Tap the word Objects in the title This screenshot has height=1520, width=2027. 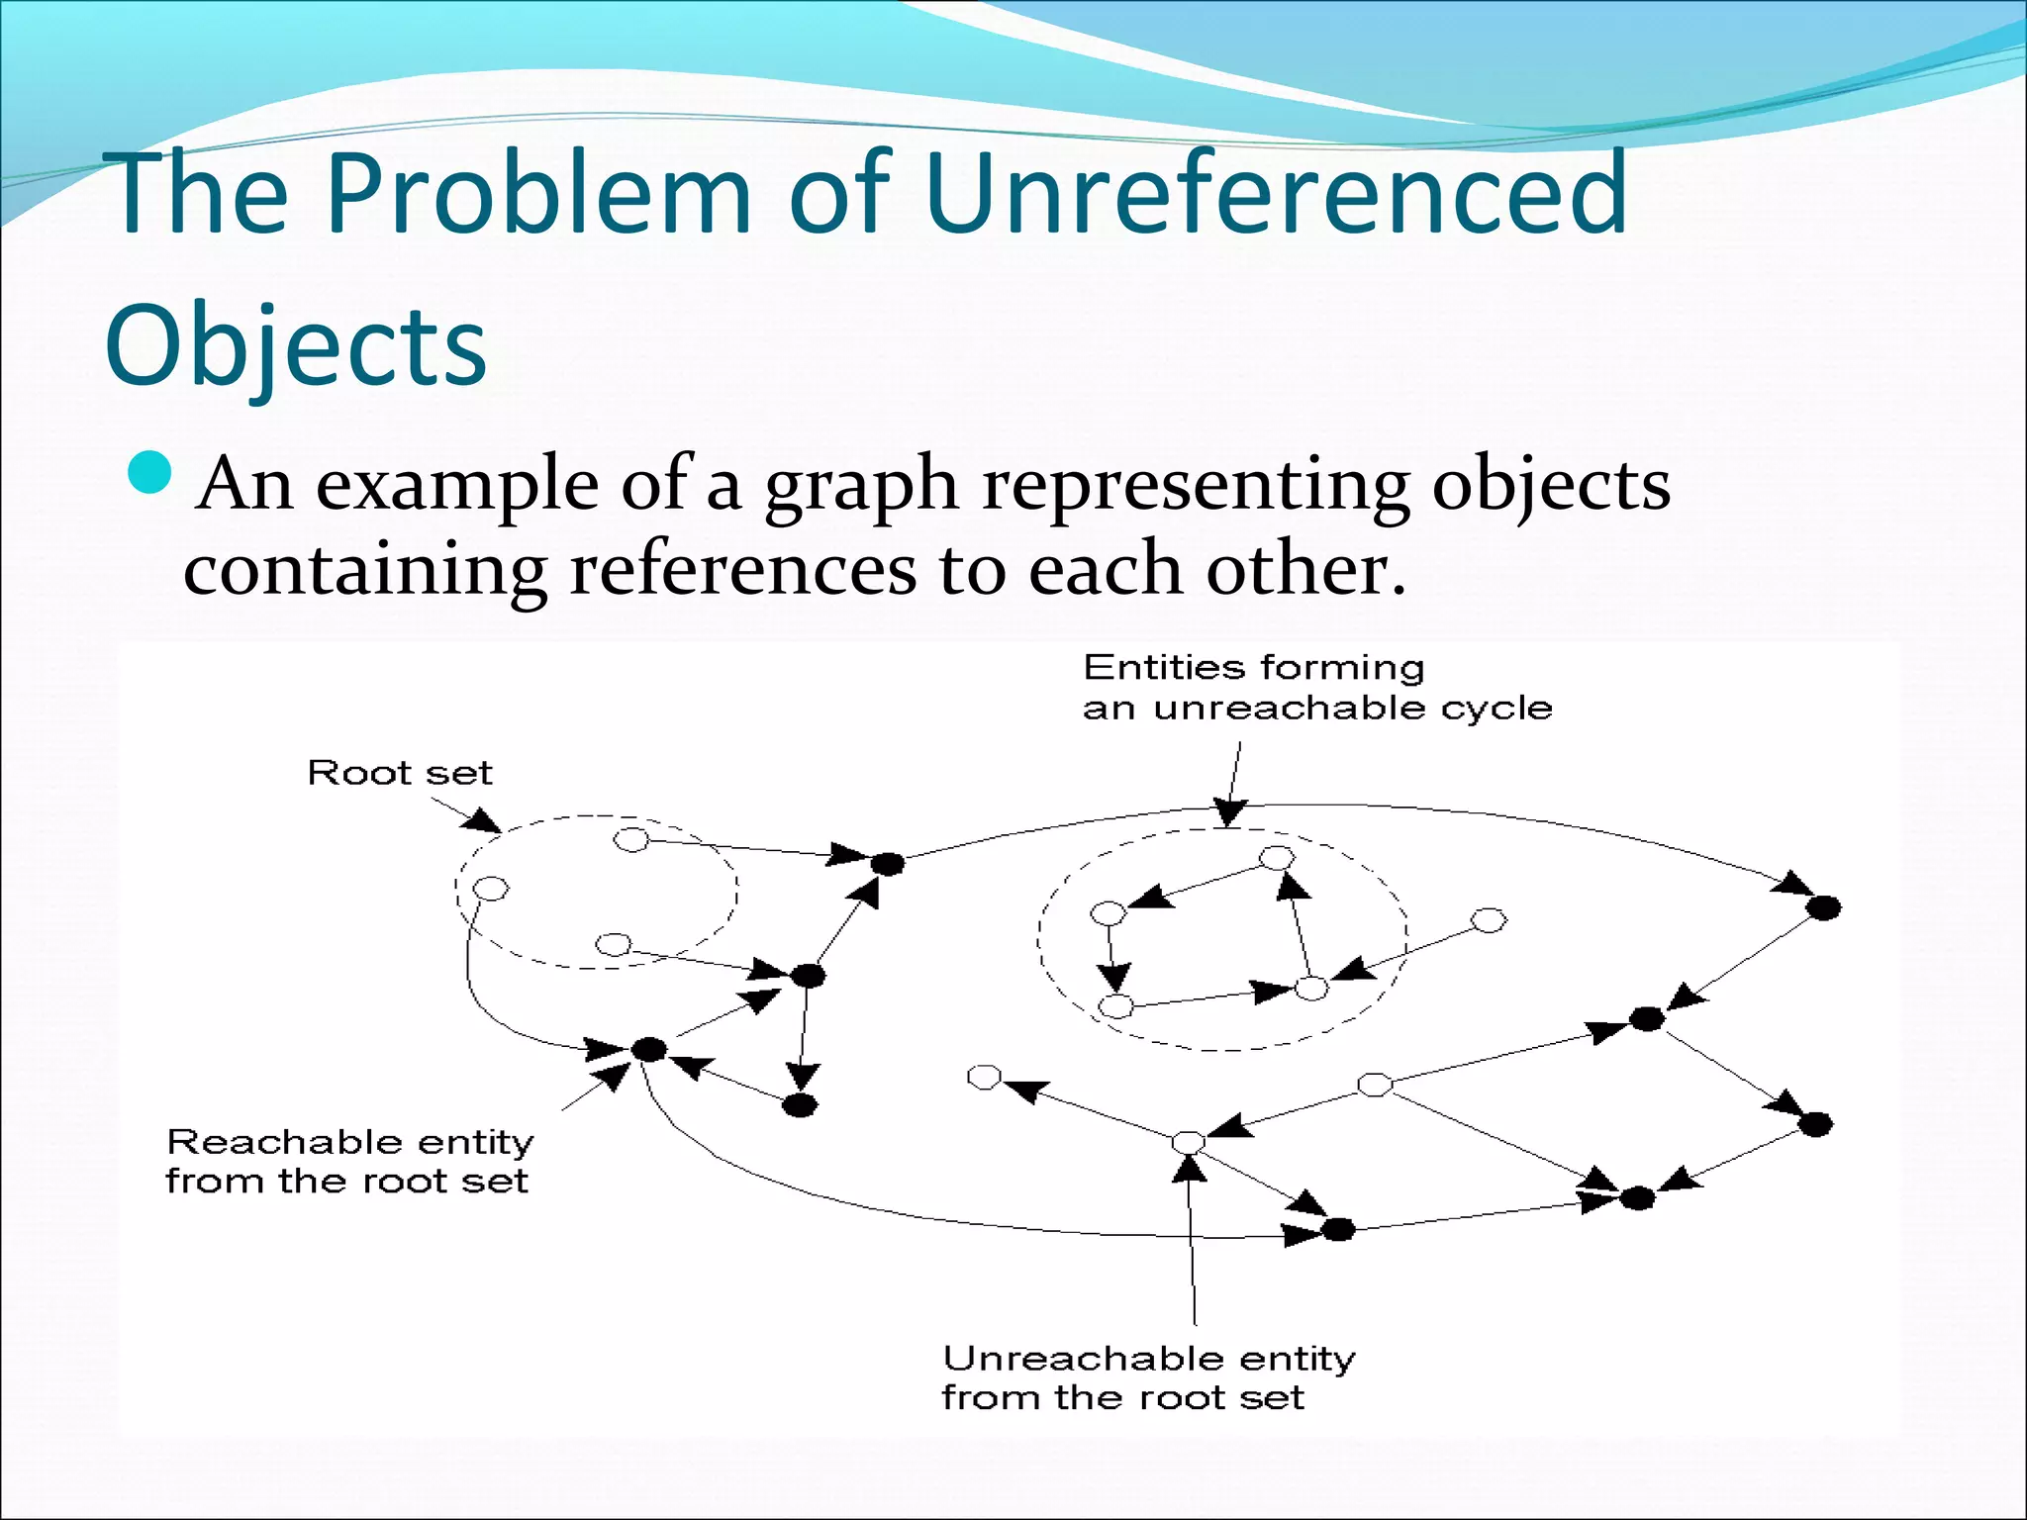tap(296, 345)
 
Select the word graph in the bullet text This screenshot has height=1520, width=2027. tap(861, 486)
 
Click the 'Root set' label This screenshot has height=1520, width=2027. tap(400, 772)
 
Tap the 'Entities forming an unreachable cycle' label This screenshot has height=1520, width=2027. tap(1316, 688)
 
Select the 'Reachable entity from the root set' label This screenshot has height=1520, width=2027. tap(348, 1162)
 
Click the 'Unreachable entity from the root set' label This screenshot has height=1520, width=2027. tap(1148, 1377)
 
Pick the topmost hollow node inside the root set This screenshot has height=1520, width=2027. tap(631, 840)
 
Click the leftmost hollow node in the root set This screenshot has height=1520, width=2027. tap(491, 889)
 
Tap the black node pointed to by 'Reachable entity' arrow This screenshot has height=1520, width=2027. tap(648, 1049)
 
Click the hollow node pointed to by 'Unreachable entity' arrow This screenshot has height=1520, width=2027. tap(1188, 1143)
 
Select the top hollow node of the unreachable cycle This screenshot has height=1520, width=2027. tap(1276, 857)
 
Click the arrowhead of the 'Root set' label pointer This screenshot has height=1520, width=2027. tap(485, 822)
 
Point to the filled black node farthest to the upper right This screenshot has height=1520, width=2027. tap(1823, 906)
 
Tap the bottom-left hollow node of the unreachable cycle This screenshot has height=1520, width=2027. tap(1115, 1006)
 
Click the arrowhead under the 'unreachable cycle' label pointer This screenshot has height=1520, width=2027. tap(1229, 812)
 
